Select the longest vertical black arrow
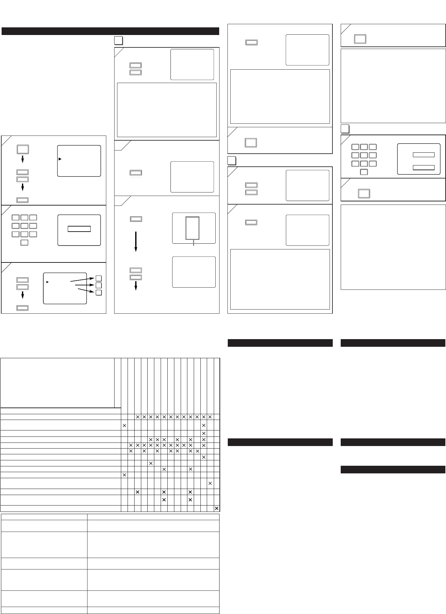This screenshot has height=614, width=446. [x=136, y=242]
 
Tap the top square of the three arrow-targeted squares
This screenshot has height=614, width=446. [x=99, y=278]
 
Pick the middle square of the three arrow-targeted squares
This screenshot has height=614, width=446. [x=99, y=285]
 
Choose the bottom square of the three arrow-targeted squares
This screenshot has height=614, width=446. [x=99, y=292]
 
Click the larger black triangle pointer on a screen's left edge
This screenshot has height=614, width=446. [x=60, y=158]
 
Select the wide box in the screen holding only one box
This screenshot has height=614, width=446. [x=79, y=229]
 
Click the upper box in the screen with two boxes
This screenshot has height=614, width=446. [x=423, y=155]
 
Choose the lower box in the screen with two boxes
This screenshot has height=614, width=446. [x=423, y=167]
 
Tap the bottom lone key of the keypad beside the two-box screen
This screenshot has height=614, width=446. [x=364, y=172]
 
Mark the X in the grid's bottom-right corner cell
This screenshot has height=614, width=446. [x=217, y=508]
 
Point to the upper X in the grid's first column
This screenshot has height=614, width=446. [x=124, y=425]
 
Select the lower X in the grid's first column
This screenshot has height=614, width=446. [x=124, y=475]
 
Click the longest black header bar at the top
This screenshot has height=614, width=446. [x=110, y=31]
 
